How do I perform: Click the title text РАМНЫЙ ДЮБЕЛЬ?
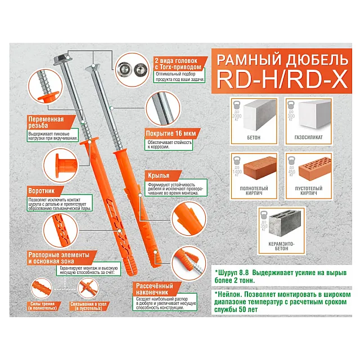(x=280, y=59)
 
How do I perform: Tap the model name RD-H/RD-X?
(x=280, y=80)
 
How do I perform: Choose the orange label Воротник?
(x=45, y=191)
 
